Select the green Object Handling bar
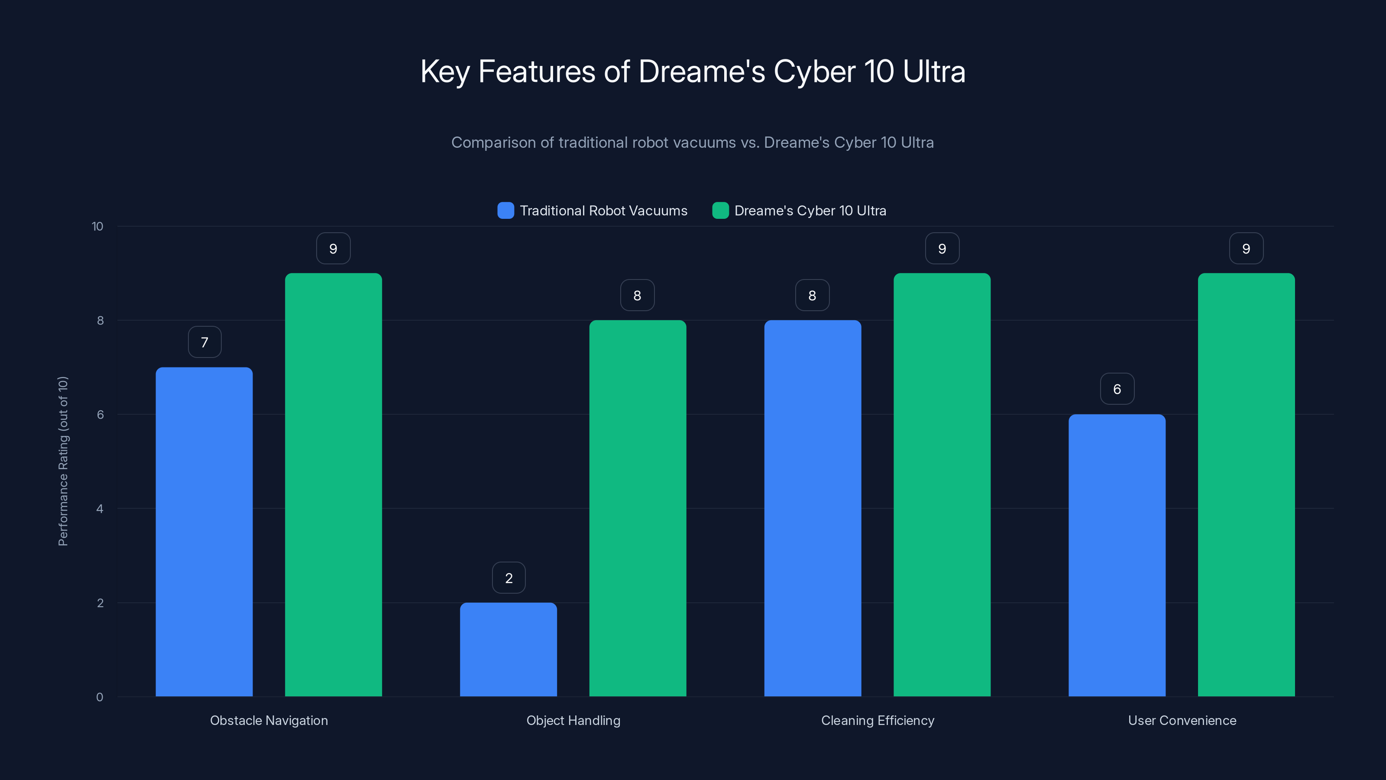coord(638,508)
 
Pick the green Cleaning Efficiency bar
coord(942,484)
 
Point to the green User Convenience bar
coord(1246,484)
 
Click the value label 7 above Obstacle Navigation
coord(204,342)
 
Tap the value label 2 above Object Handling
coord(509,578)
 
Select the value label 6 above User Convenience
coord(1117,389)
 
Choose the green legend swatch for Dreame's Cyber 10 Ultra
coord(720,211)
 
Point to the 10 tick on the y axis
coord(97,227)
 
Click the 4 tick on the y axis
coord(100,509)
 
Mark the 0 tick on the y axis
coord(100,697)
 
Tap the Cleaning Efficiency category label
coord(878,720)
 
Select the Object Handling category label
coord(573,720)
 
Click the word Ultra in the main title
coord(934,71)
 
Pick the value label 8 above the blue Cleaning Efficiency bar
coord(813,296)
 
